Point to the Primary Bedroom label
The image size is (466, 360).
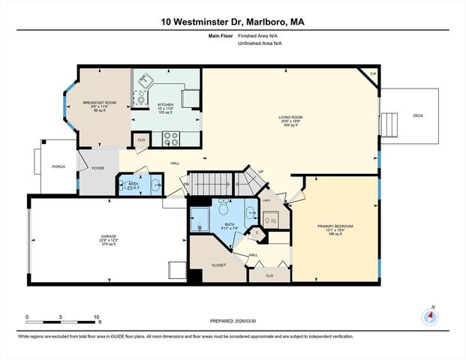coord(335,226)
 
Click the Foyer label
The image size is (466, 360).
coord(98,168)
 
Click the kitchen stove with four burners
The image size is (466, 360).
coord(170,138)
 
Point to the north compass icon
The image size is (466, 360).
coord(430,316)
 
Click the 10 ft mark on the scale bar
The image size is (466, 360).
coord(97,316)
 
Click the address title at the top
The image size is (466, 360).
coord(233,22)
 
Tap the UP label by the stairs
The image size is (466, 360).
coord(260,172)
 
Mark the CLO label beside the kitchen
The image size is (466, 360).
coord(141,139)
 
